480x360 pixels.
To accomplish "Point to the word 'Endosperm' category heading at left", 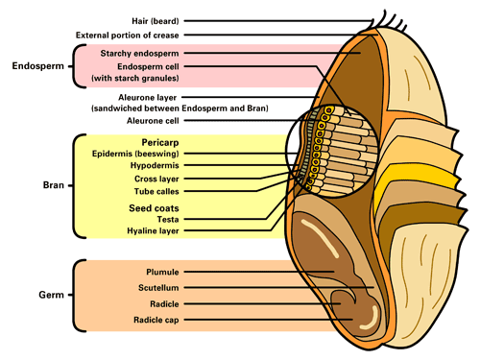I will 37,67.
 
